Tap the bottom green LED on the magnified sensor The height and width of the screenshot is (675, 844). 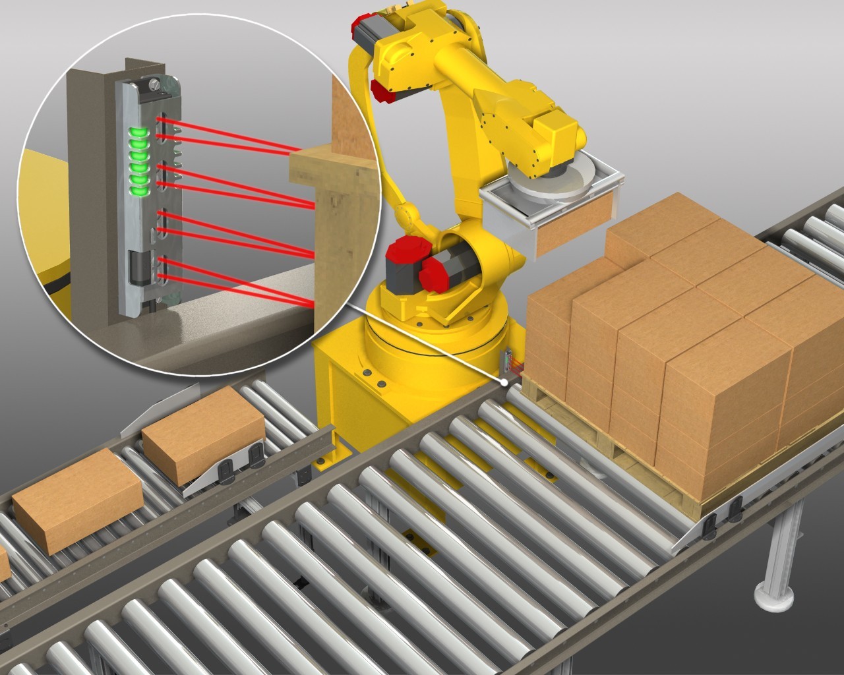[x=138, y=191]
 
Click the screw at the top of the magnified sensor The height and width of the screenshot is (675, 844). [x=154, y=84]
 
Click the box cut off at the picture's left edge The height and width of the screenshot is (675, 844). [x=3, y=564]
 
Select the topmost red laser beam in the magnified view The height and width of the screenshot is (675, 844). [x=231, y=135]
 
